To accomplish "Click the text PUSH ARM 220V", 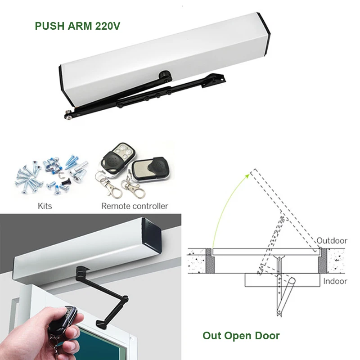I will point(77,26).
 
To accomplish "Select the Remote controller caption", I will point(135,206).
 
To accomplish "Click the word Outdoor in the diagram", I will point(332,241).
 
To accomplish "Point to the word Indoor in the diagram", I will point(335,281).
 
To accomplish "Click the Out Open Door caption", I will point(241,335).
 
